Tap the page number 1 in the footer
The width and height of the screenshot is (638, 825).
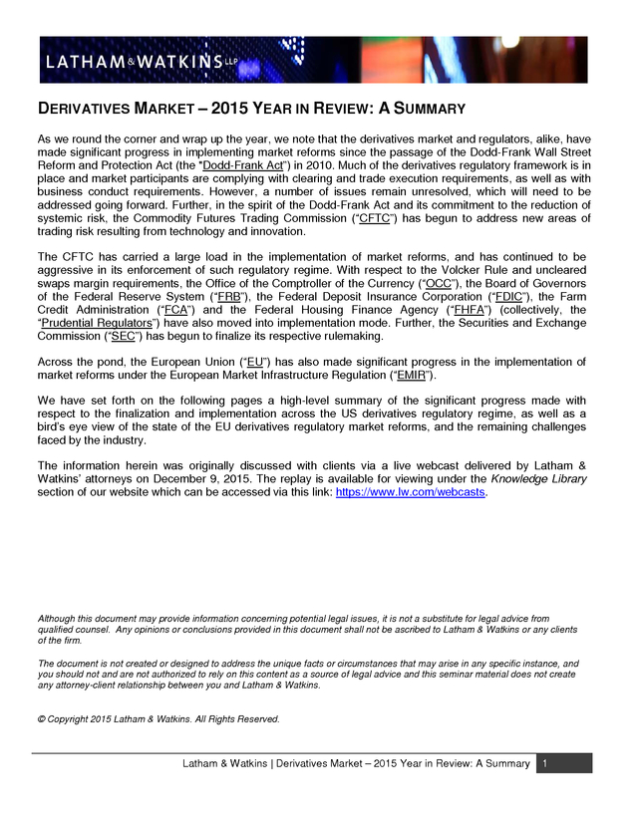pyautogui.click(x=546, y=763)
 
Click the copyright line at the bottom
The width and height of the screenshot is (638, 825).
pyautogui.click(x=159, y=718)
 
